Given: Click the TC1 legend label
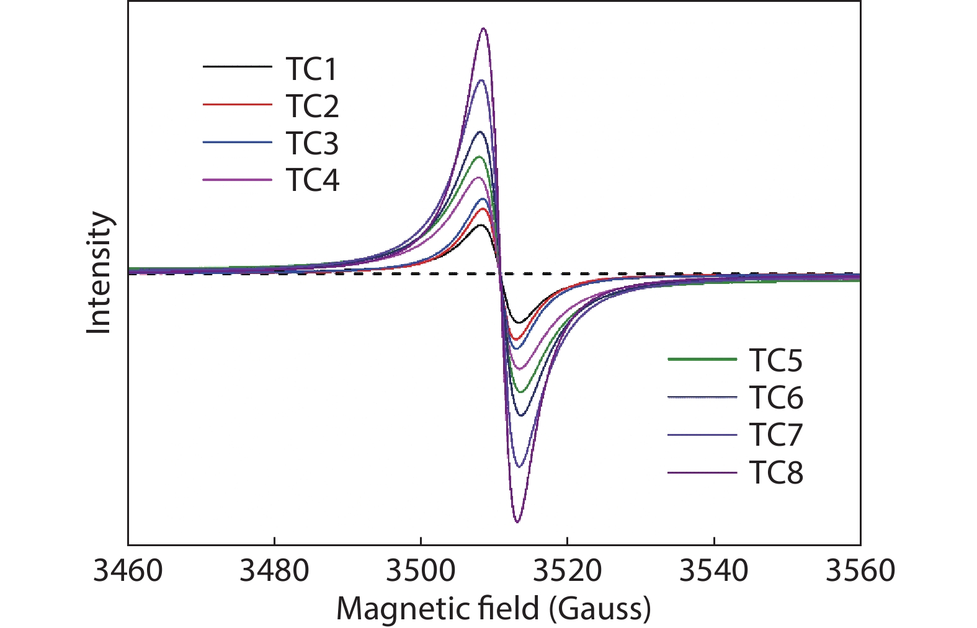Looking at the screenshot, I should [x=311, y=69].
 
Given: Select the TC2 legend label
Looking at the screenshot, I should [x=312, y=107].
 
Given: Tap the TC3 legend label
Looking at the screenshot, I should [x=312, y=144].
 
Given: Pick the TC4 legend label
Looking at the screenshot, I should [x=312, y=181].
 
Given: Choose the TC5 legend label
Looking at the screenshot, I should [x=775, y=361].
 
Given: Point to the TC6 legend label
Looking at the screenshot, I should [x=775, y=398].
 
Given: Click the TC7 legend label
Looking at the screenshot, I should [x=775, y=435].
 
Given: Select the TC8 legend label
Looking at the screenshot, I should [x=775, y=473].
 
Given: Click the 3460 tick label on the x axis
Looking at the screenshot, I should [x=128, y=570].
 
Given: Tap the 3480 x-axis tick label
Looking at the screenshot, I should [x=274, y=570].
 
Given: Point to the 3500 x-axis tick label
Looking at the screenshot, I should [x=421, y=570].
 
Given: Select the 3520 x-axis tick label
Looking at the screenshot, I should [x=567, y=570].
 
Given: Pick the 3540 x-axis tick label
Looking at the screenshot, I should [x=714, y=570].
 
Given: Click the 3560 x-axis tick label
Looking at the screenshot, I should [x=860, y=570].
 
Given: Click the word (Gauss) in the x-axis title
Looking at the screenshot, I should [x=600, y=609].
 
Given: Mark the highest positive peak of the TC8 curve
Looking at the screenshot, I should [x=483, y=29].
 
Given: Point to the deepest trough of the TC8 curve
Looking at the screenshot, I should [x=517, y=522].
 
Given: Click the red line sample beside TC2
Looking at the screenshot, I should [x=237, y=105].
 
